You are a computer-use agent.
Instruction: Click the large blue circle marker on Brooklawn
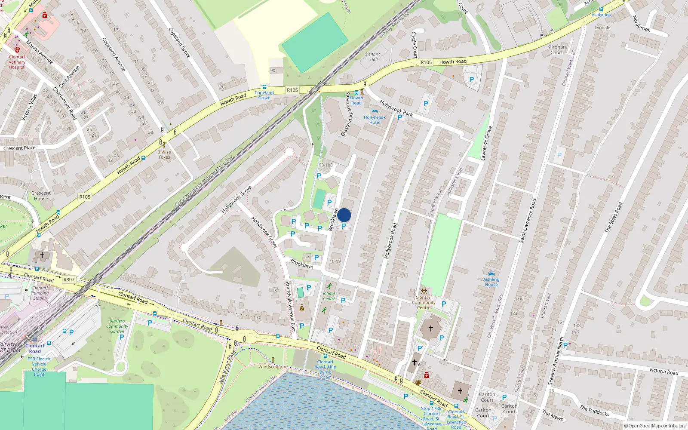click(x=344, y=215)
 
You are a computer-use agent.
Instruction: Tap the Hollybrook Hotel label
click(x=375, y=120)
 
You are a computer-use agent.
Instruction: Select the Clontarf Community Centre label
click(x=424, y=302)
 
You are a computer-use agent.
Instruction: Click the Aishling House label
click(x=491, y=282)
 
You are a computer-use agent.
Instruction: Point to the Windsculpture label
click(x=273, y=367)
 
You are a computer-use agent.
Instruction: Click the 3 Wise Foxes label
click(x=164, y=154)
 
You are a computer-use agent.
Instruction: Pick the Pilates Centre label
click(x=329, y=296)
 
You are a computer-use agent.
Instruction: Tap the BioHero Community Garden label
click(x=117, y=326)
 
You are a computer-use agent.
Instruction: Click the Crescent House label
click(x=41, y=196)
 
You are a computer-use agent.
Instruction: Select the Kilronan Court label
click(x=556, y=49)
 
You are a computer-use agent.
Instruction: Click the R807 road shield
click(x=69, y=279)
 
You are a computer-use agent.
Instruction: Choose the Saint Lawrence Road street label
click(x=528, y=220)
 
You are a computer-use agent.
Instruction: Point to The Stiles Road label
click(x=614, y=217)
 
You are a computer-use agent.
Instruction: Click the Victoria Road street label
click(x=663, y=372)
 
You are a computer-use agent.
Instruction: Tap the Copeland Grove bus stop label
click(x=264, y=95)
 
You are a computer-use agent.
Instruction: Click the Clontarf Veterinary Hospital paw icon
click(x=17, y=49)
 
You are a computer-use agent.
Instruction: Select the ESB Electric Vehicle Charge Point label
click(x=39, y=366)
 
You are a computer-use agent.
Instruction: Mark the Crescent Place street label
click(x=19, y=148)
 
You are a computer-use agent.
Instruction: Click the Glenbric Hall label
click(x=372, y=57)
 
